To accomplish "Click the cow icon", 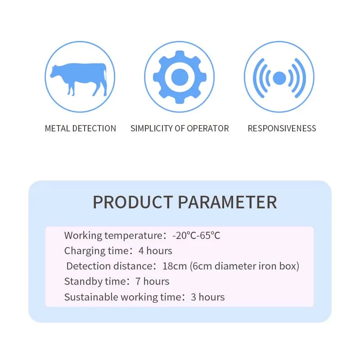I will pos(80,78).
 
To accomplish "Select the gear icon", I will pos(180,77).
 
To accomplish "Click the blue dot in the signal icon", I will pos(279,78).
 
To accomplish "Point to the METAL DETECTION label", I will pos(80,128).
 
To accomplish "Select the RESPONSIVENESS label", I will pos(282,128).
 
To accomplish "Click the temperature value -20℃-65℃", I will pos(196,235).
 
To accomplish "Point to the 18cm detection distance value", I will pos(174,266).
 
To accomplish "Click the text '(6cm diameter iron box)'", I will pos(244,266).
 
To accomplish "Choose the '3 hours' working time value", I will pos(207,297).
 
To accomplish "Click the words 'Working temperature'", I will pos(112,235).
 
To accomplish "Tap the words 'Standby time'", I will pos(93,282).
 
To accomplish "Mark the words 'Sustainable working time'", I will pos(122,297).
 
